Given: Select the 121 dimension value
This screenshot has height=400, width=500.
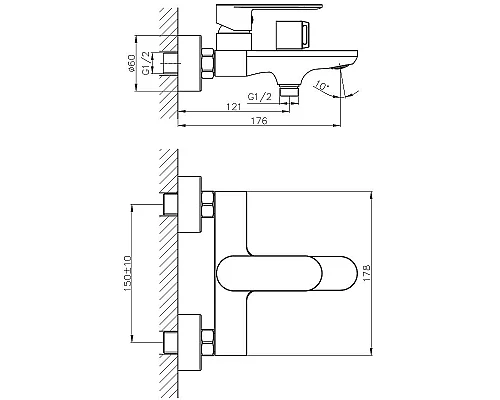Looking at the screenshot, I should pos(232,104).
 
